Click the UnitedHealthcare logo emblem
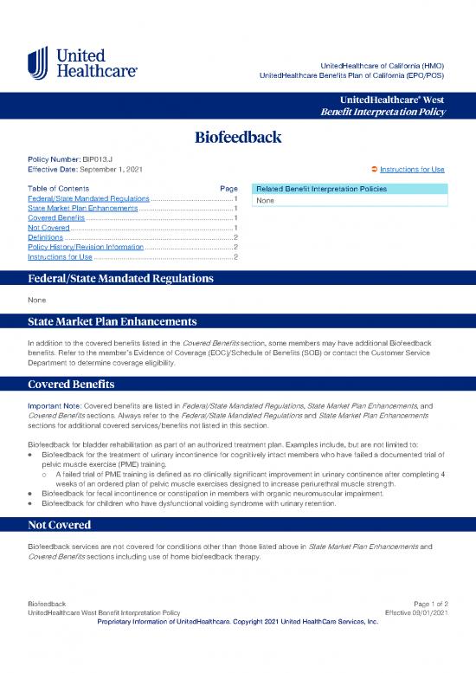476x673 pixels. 38,63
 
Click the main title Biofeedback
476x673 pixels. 238,137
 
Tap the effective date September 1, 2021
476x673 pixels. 112,169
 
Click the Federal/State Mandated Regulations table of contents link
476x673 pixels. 88,199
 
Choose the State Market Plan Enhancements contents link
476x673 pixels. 82,209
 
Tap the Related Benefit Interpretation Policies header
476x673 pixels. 319,189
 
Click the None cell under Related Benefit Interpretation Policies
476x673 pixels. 264,201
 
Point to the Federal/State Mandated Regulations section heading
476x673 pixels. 121,280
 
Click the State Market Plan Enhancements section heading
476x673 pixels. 113,321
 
